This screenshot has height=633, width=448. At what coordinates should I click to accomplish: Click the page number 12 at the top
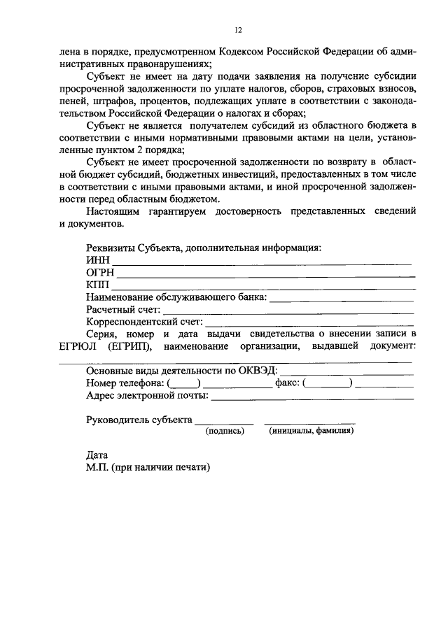coord(238,30)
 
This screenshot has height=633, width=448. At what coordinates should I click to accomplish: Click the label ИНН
coord(97,260)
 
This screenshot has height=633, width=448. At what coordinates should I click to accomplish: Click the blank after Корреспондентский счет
coord(309,325)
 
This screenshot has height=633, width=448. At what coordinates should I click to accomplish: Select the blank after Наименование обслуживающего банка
coord(341,299)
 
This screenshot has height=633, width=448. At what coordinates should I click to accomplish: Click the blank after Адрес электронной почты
coord(311,397)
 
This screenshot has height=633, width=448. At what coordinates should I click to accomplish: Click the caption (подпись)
coord(224,432)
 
